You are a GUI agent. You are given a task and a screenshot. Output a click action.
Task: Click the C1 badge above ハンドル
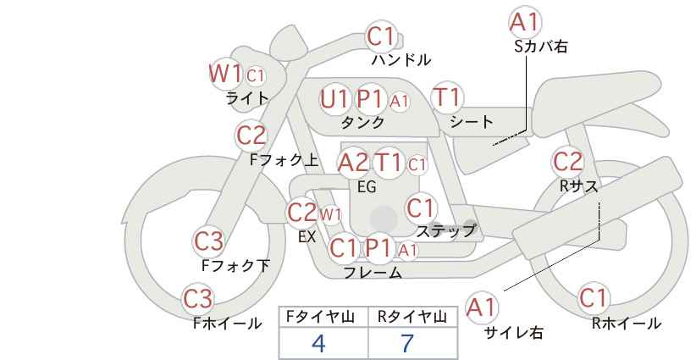[381, 36]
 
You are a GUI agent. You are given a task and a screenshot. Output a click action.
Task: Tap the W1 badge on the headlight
[225, 73]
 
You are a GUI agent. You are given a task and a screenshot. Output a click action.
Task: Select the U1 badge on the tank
[335, 99]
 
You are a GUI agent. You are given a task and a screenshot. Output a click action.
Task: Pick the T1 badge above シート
[447, 97]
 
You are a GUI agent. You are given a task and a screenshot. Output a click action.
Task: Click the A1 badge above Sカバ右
[525, 22]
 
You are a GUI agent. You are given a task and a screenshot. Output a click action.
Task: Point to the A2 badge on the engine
[353, 163]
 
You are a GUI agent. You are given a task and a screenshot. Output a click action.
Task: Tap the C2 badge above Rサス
[567, 162]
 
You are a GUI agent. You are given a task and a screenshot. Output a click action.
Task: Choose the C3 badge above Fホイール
[198, 298]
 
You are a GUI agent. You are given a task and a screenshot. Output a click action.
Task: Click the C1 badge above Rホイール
[594, 298]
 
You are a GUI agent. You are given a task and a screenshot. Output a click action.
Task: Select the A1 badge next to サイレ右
[482, 307]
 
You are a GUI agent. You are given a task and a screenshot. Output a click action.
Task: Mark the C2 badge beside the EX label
[301, 213]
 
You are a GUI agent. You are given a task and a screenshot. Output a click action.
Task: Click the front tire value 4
[318, 343]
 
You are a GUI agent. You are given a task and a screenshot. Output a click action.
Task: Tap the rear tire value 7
[407, 343]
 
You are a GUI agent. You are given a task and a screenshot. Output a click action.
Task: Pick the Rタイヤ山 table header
[412, 317]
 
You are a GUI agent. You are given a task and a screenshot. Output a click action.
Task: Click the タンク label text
[362, 122]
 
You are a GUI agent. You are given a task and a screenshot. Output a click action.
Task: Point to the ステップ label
[445, 231]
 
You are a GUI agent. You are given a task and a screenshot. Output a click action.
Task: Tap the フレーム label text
[373, 273]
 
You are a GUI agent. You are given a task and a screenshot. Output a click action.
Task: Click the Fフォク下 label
[235, 265]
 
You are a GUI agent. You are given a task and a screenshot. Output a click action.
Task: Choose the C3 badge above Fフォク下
[209, 241]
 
